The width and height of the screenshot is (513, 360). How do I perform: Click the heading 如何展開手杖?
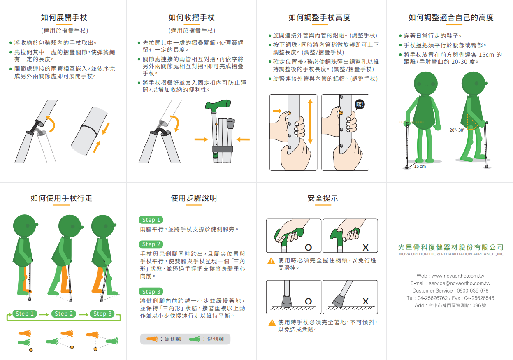tap(64, 17)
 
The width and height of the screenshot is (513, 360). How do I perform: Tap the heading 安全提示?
tap(323, 198)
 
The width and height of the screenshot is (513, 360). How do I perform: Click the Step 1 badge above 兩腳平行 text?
tap(151, 220)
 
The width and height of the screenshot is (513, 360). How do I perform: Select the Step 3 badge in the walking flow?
tap(102, 314)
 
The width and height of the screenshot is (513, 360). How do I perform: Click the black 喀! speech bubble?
tap(360, 105)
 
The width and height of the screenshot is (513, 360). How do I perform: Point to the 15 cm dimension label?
tap(420, 167)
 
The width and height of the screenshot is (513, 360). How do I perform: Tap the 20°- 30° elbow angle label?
tap(457, 130)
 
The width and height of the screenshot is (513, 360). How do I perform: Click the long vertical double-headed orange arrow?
tap(310, 121)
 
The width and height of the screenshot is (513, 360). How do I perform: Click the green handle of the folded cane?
tap(218, 105)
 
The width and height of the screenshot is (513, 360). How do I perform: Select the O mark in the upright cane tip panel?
tap(308, 302)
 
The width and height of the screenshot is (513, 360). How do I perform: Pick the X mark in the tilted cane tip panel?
tap(365, 302)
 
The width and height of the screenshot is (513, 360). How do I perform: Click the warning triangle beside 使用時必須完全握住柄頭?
tap(271, 261)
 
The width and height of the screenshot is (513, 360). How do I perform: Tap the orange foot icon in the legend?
tap(152, 339)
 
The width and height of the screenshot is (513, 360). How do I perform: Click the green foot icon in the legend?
tap(195, 339)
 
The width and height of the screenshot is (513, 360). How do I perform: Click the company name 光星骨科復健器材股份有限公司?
tap(451, 247)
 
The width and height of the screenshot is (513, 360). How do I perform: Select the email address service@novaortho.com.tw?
tap(460, 283)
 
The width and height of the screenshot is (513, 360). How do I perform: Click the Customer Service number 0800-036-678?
tap(472, 290)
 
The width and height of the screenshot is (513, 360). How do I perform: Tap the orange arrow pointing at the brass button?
tap(277, 111)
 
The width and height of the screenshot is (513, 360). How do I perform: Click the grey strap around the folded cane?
tap(223, 149)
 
